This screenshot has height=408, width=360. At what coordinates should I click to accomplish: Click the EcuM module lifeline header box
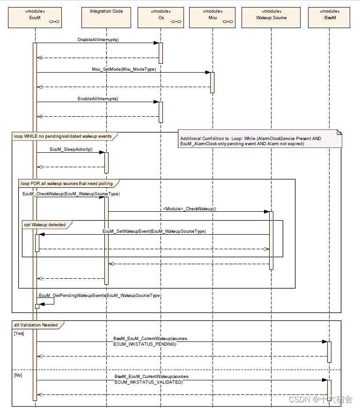36,17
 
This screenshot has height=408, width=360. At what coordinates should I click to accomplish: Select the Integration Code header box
106,17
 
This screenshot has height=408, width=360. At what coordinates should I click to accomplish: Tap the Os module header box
161,17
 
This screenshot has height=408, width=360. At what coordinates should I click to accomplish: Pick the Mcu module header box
212,17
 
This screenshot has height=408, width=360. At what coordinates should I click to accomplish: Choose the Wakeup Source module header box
271,17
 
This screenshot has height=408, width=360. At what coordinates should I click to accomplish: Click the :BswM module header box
330,17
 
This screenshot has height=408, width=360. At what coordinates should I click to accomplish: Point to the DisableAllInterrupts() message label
98,40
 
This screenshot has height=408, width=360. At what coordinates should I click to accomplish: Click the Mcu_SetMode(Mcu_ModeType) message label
124,69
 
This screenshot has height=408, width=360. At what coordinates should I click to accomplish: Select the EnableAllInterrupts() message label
98,98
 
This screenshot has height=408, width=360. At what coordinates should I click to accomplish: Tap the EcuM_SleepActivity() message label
71,149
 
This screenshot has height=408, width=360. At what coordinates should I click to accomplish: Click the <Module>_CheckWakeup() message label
189,208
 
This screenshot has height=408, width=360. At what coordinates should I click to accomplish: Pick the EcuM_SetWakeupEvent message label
154,231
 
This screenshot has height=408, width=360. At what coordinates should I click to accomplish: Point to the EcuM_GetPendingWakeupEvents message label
100,296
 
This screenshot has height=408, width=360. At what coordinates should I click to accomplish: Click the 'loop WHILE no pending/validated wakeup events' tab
64,136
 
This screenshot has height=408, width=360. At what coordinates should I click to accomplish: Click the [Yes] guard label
19,334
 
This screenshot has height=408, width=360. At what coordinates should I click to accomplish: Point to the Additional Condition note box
260,139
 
